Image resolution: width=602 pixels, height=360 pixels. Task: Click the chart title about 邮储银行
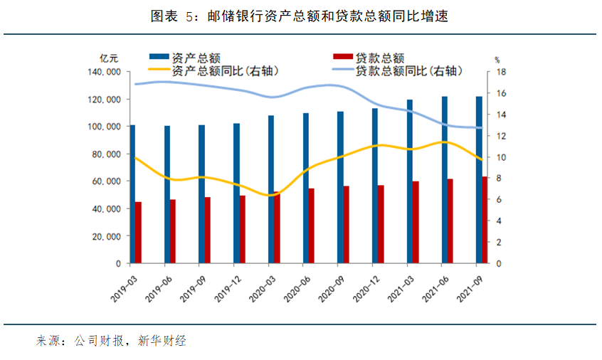click(300, 16)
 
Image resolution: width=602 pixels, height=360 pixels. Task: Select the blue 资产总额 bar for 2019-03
click(132, 194)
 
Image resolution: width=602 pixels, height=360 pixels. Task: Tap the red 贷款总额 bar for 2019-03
click(139, 232)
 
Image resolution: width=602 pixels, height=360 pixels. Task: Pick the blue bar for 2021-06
click(445, 179)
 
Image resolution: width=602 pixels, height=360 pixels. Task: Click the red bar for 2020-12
click(381, 223)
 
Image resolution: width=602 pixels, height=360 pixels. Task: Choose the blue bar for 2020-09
click(340, 187)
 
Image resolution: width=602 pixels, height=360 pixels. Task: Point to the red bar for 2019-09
click(208, 230)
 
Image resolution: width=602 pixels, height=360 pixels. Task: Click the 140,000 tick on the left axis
click(104, 72)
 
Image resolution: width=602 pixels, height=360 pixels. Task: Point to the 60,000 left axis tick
click(107, 181)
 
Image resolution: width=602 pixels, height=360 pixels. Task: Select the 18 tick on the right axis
click(501, 72)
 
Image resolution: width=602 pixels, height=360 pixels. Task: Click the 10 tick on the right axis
click(501, 157)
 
